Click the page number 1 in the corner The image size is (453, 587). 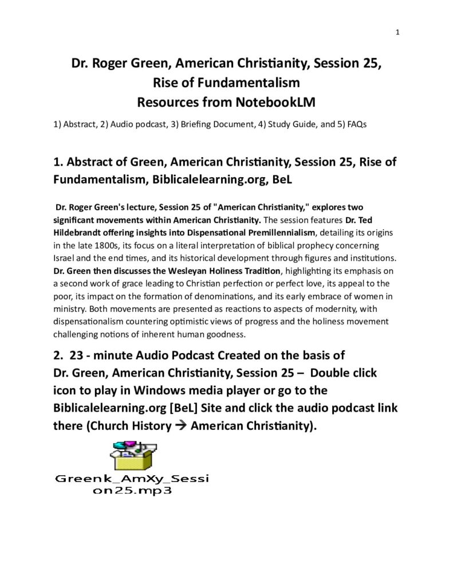tap(397, 32)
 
